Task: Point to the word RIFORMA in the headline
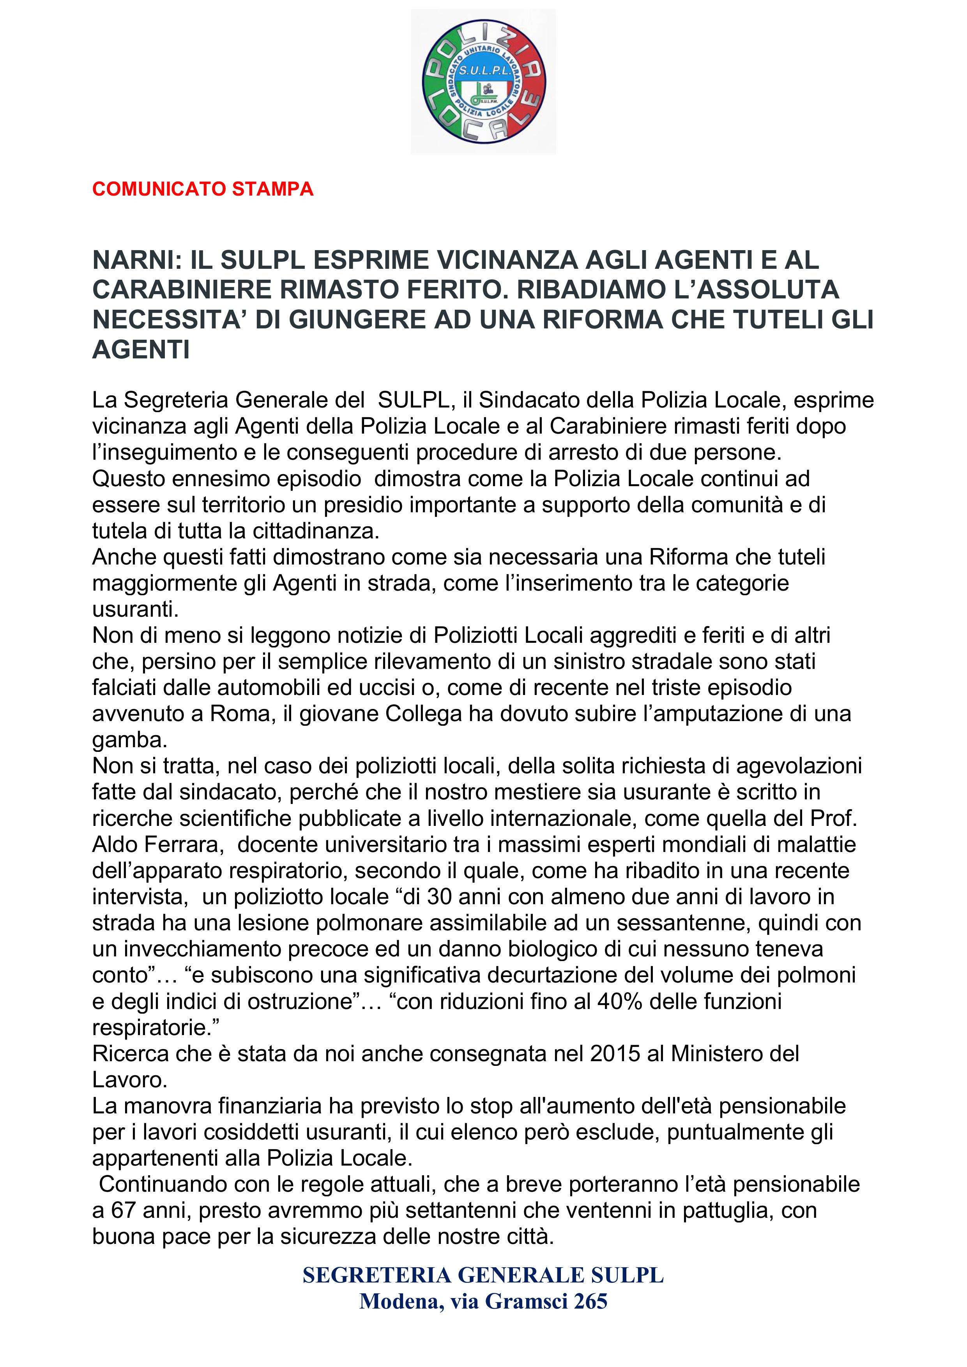[602, 320]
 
